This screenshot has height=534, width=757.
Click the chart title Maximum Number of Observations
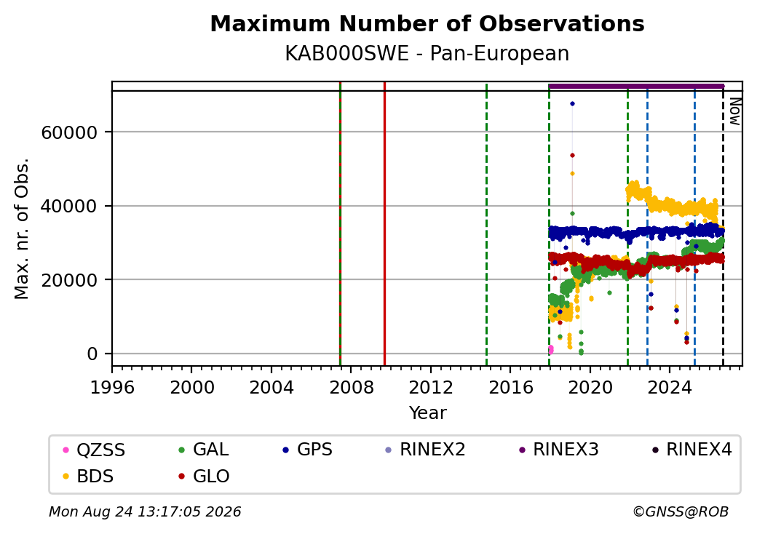(427, 23)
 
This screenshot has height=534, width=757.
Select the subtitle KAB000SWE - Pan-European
(427, 53)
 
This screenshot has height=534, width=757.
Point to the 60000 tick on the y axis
(70, 132)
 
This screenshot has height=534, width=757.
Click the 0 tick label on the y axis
(92, 354)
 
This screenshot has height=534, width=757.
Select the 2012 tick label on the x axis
(431, 387)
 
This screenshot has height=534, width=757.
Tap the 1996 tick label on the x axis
(112, 387)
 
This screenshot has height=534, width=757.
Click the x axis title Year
(428, 413)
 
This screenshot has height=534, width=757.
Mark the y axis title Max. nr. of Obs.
(22, 228)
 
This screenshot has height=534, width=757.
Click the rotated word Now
(734, 111)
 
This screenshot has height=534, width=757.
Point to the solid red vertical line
(384, 224)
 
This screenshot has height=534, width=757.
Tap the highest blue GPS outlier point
(572, 104)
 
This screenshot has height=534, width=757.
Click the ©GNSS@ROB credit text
(681, 511)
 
